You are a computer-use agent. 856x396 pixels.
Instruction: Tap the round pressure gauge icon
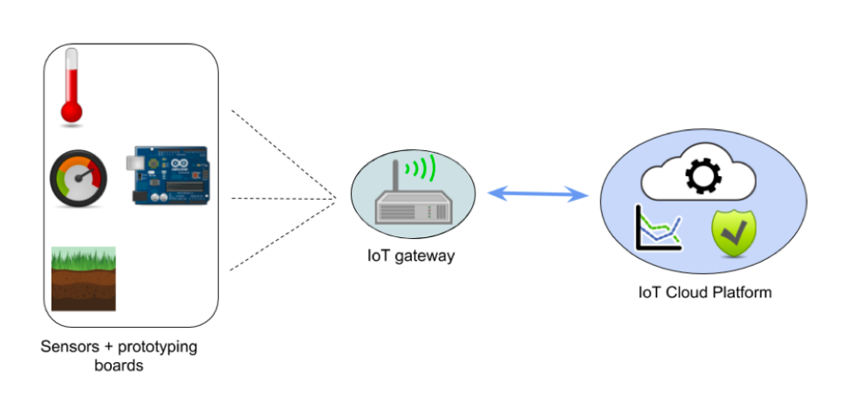click(79, 179)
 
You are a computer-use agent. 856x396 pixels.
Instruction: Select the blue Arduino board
click(170, 175)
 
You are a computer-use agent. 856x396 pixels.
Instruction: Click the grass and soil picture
click(83, 278)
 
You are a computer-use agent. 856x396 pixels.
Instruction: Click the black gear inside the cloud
click(703, 177)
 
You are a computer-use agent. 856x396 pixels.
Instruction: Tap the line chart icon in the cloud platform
click(658, 228)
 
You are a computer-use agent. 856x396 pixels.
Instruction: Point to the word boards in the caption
click(119, 365)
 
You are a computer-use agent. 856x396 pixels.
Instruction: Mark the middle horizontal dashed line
click(284, 199)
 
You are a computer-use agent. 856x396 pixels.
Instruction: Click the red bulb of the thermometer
click(71, 111)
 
